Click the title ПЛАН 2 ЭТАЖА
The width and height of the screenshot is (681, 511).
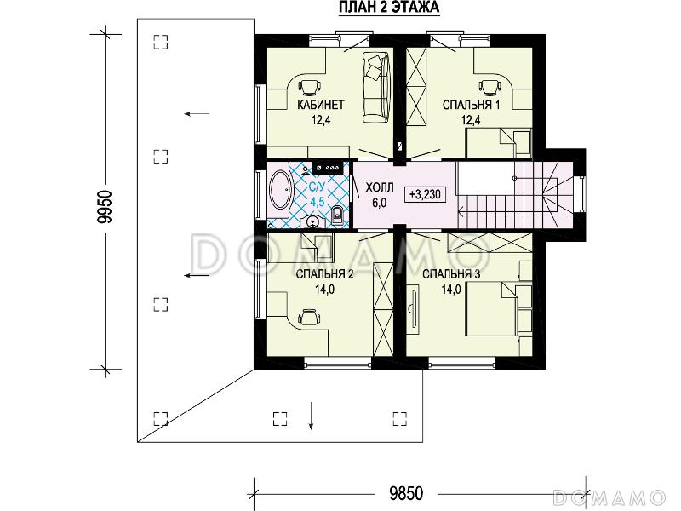point(389,8)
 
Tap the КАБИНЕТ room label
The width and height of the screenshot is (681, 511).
point(321,105)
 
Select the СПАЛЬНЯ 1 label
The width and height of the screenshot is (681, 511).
point(472,105)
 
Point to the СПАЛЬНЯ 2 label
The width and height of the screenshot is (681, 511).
point(325,274)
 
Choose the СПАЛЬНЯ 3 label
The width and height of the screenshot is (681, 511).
point(451,274)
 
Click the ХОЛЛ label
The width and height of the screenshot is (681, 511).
point(380,187)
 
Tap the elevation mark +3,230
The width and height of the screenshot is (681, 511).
point(425,194)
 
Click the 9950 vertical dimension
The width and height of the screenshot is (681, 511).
point(105,207)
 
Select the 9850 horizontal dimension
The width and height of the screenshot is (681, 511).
point(406,494)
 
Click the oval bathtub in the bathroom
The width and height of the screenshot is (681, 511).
point(282,190)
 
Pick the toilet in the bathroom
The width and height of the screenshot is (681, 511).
point(337,215)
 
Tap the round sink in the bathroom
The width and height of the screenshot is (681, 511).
point(313,221)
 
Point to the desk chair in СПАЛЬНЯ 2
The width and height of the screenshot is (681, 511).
point(309,317)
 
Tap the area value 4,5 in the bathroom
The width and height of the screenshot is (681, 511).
point(317,202)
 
